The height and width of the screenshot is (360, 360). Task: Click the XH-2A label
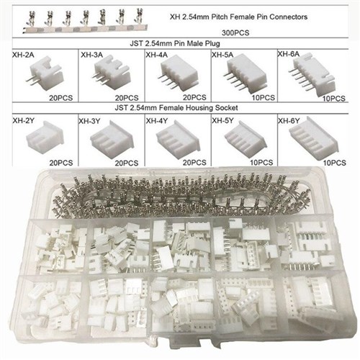click(23, 55)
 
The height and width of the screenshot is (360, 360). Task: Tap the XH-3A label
click(91, 55)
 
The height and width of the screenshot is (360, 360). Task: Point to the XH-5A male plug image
click(245, 73)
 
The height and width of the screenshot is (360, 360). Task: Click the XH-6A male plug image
click(312, 75)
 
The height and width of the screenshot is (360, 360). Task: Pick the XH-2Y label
click(24, 121)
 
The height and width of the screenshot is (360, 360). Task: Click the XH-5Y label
click(222, 120)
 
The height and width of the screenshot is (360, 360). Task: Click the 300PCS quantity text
click(235, 33)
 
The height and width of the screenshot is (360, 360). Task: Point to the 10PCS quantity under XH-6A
click(334, 99)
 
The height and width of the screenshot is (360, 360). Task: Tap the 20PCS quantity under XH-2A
click(61, 98)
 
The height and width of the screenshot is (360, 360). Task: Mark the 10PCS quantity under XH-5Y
click(261, 163)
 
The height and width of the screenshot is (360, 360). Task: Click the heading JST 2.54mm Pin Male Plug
click(175, 44)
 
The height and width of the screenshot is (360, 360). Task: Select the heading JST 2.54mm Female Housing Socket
click(176, 108)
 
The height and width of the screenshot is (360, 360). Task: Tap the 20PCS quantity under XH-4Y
click(194, 163)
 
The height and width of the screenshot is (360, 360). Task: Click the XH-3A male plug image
click(112, 73)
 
